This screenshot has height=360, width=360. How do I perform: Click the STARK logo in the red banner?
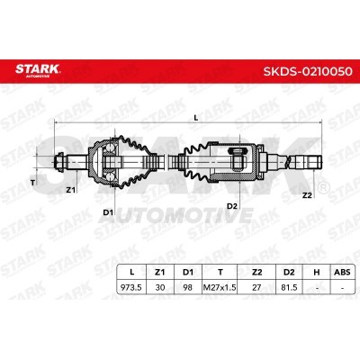[x=38, y=70]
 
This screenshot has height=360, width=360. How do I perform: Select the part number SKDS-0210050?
[x=308, y=71]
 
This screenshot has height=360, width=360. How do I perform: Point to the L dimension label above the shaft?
[x=196, y=118]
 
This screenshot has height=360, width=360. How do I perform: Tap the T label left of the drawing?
[x=33, y=182]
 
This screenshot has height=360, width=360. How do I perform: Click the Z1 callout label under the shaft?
[x=70, y=190]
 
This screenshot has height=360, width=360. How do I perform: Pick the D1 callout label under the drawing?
[x=108, y=212]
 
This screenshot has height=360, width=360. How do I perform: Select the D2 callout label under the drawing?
[x=232, y=206]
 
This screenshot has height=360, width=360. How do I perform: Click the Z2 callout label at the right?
[x=307, y=195]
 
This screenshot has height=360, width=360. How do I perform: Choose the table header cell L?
[x=131, y=273]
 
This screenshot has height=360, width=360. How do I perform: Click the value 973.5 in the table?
[x=131, y=287]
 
